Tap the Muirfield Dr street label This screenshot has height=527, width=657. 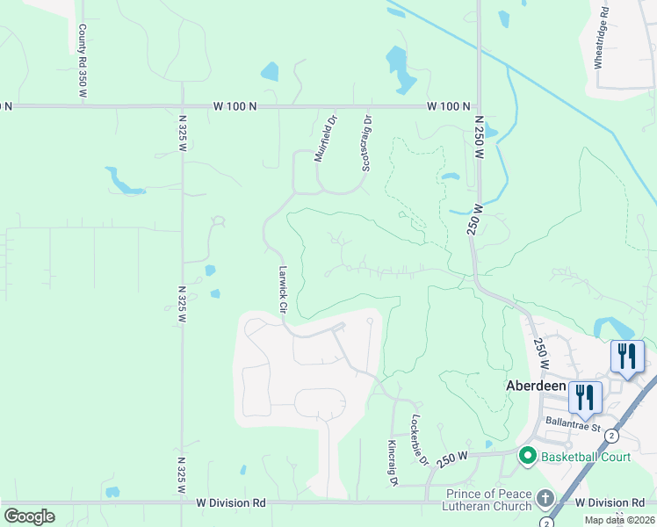[326, 139]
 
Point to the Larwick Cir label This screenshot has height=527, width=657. [283, 291]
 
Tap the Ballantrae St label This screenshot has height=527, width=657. [571, 429]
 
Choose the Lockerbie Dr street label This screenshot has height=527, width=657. [419, 440]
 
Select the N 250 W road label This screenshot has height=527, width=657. [480, 136]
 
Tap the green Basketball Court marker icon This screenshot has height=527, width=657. [527, 456]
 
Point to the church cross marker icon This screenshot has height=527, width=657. [545, 499]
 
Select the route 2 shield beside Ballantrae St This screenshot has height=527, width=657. [611, 436]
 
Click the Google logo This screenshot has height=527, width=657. [29, 516]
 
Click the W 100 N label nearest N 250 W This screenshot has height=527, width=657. [449, 106]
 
